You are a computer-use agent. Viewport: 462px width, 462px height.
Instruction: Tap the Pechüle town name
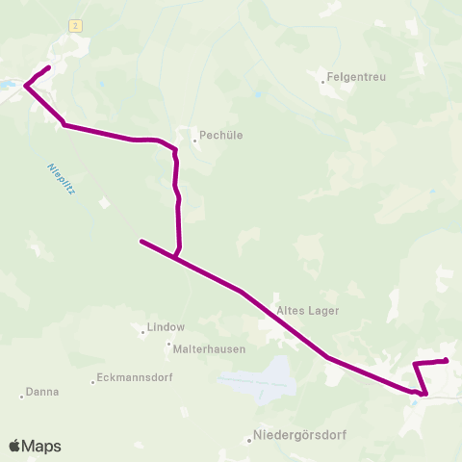220,136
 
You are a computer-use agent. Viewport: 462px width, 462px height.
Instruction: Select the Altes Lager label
307,311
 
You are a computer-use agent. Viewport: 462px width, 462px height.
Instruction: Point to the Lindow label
165,327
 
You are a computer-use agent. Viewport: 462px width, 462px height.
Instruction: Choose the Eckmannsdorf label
136,378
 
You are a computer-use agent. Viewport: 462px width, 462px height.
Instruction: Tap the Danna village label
43,392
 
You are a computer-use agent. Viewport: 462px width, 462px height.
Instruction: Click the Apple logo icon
15,446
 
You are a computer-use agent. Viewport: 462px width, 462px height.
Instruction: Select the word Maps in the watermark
42,446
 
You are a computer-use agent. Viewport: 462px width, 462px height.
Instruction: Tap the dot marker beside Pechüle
194,141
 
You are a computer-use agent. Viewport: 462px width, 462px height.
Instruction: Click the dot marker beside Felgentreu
323,81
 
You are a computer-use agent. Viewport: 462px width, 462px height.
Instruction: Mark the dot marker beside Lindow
142,332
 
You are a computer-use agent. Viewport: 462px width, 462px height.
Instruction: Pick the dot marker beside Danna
22,396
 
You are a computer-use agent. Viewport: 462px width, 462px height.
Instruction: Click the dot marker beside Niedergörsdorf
249,440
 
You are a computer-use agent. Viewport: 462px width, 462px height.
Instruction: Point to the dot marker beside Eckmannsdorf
93,382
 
